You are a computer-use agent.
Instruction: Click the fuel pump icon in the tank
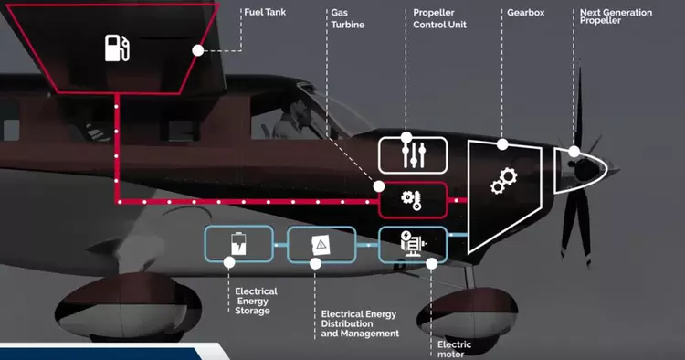pos(117,48)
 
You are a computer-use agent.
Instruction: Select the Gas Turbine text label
pos(346,19)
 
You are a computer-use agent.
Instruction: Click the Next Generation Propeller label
pos(616,16)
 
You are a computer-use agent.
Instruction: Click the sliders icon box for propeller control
pos(413,154)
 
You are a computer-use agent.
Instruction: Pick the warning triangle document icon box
pos(321,245)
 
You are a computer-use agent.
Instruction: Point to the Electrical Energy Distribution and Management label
pos(359,324)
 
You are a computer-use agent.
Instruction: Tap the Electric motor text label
pos(454,350)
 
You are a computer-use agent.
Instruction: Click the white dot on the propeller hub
pos(574,152)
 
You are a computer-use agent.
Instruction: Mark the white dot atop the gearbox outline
pos(502,144)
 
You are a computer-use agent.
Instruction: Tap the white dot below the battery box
pos(227,262)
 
